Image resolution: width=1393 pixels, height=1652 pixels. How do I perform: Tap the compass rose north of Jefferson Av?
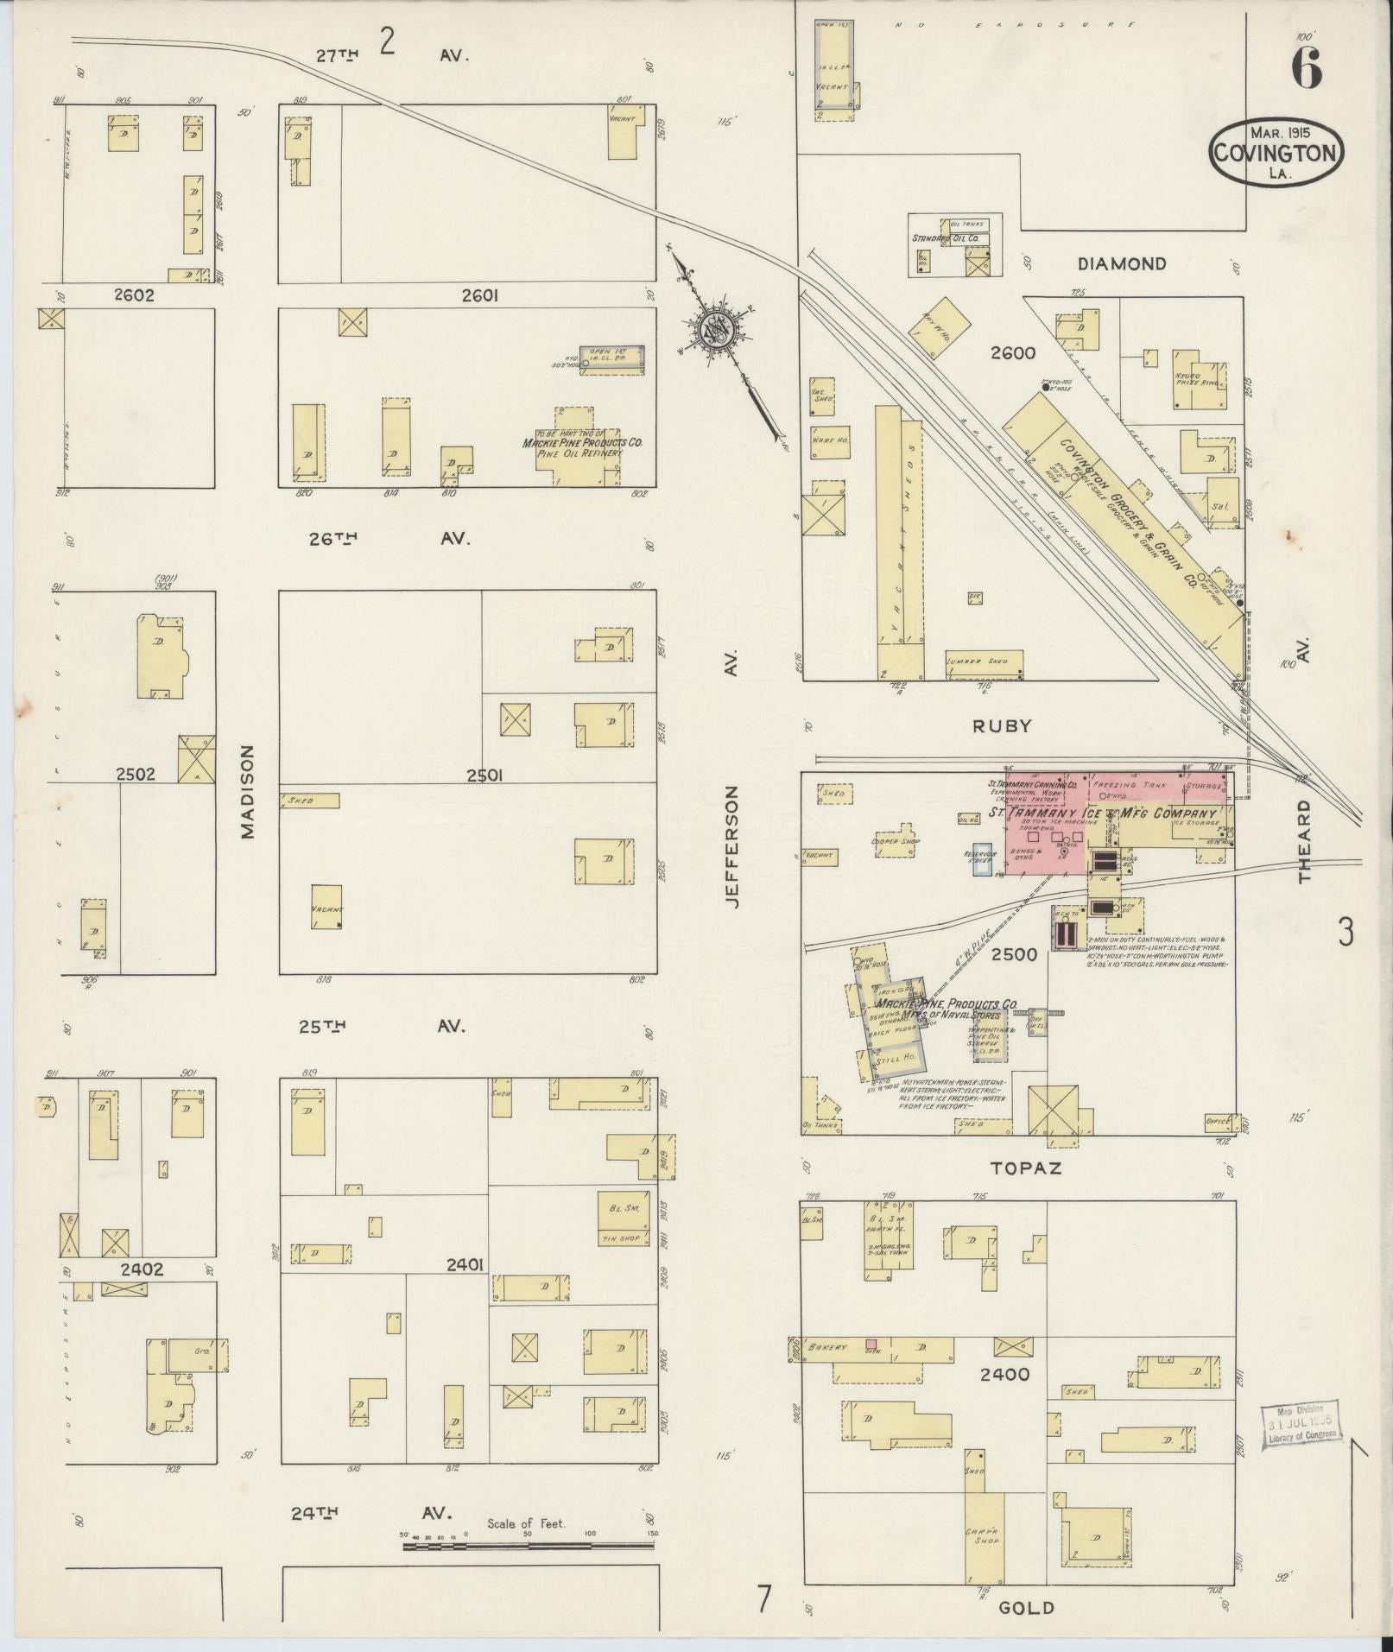716,328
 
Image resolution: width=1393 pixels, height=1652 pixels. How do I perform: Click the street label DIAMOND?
1122,264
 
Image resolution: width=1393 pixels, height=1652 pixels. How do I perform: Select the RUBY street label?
1002,726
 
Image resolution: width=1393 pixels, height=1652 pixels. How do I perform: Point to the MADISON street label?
249,791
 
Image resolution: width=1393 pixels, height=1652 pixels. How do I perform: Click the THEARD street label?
1303,840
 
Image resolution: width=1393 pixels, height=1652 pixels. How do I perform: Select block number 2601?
480,296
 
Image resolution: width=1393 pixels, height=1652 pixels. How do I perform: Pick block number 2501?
484,775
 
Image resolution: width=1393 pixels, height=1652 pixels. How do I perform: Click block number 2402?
141,1270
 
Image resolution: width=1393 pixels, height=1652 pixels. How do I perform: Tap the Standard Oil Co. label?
946,237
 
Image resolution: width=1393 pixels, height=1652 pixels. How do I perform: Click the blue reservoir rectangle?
982,859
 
